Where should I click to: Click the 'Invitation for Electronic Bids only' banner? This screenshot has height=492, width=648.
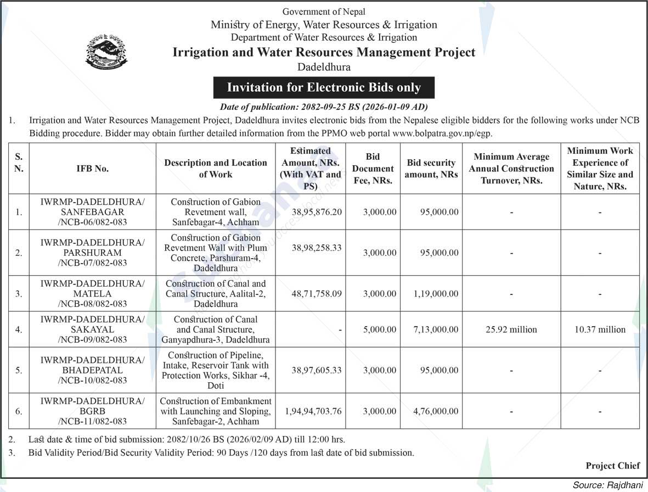point(324,87)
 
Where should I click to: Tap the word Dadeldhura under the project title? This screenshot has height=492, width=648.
point(324,67)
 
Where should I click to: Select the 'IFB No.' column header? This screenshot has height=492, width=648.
point(92,169)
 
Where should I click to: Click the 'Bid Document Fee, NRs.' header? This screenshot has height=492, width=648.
point(373,169)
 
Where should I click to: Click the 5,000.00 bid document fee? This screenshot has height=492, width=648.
point(379,329)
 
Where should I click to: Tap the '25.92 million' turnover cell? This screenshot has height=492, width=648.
point(511,329)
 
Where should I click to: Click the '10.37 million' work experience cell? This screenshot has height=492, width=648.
point(600,329)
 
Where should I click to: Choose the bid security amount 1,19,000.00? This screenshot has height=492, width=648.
point(436,294)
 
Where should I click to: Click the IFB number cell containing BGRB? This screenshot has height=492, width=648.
point(92,411)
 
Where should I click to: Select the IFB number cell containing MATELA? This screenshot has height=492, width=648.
point(92,294)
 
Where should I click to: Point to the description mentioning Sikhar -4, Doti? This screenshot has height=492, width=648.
point(215,370)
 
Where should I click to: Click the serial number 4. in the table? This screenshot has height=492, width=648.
point(19,329)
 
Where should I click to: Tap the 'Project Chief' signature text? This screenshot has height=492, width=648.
point(612,466)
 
